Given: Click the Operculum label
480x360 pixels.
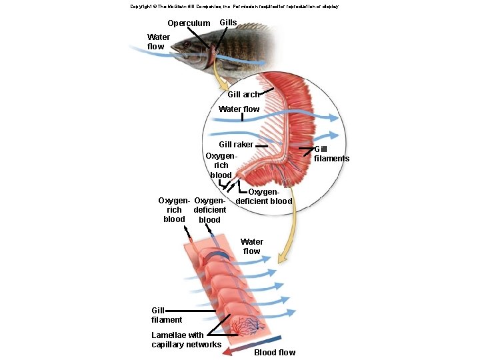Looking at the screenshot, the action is [x=189, y=23].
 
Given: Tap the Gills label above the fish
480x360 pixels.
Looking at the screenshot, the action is [x=228, y=23].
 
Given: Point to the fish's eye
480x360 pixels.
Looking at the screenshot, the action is [x=187, y=45].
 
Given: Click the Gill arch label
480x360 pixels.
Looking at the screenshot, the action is [x=244, y=94].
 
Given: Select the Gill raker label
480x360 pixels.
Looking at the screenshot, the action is [x=236, y=145].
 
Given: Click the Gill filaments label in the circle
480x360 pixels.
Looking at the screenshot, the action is [x=331, y=154].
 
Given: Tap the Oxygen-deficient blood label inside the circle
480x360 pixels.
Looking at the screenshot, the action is [x=264, y=197].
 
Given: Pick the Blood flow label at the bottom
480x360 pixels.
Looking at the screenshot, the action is [x=275, y=353].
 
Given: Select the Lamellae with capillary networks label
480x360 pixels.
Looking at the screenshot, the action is [x=187, y=340].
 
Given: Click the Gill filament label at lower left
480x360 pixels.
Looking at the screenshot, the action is [x=167, y=315].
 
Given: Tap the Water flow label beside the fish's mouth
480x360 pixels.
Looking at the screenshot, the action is [x=158, y=41].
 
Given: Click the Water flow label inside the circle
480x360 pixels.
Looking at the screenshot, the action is [x=239, y=109].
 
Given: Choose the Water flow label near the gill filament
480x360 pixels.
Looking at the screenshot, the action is [x=251, y=247].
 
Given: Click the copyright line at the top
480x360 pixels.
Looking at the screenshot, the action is [x=235, y=7].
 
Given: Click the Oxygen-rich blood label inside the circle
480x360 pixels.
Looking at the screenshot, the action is [x=221, y=165].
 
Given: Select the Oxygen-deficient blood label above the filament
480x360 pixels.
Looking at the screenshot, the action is [x=210, y=210].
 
